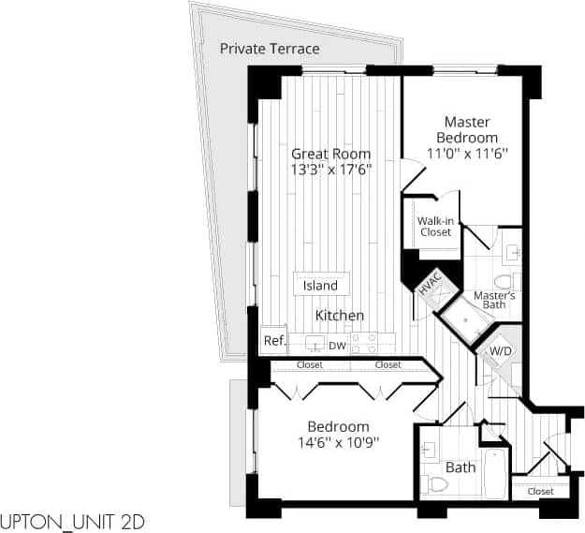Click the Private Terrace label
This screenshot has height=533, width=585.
point(270,49)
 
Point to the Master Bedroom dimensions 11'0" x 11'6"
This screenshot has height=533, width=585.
point(467,154)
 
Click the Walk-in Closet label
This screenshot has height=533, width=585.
point(435,226)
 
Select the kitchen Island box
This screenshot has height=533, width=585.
point(321,285)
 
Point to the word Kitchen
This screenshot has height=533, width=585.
point(339,316)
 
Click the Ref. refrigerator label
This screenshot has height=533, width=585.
point(273,341)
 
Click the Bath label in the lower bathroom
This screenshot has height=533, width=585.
point(461,466)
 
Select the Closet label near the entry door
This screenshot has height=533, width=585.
point(540,491)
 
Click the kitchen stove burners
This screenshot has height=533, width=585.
point(365,340)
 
